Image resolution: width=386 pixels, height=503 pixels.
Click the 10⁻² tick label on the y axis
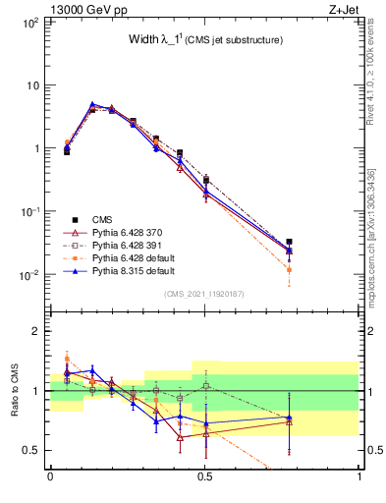tap(29, 275)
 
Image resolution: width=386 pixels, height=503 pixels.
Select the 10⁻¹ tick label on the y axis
tap(29, 211)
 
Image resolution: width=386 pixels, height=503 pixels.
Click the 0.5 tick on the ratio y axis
tap(31, 450)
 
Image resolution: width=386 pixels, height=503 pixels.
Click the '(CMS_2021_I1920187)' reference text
tap(204, 295)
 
